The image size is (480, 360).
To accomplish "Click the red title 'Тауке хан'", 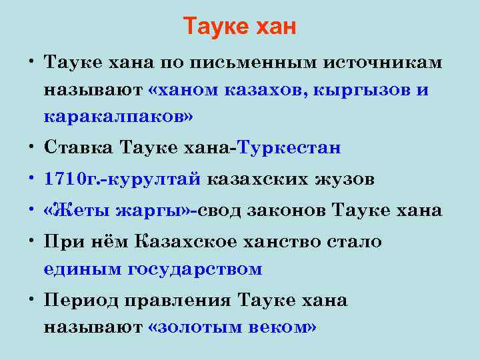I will [x=239, y=27].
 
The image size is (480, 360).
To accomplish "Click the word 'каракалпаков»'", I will [x=119, y=117].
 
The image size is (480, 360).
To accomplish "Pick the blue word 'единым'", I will [x=82, y=269].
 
